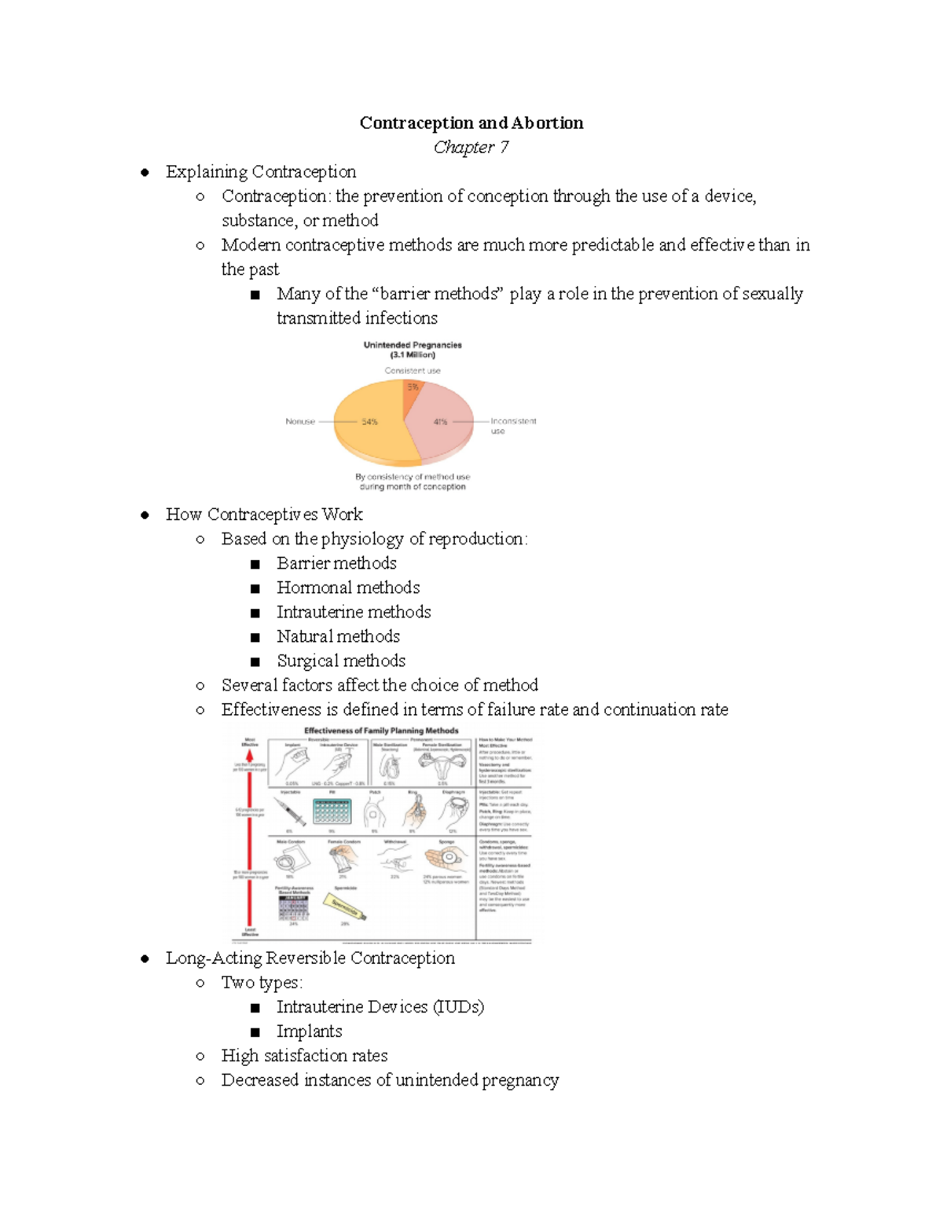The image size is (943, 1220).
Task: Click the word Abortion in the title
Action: coord(547,123)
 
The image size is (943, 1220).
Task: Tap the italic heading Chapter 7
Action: coord(471,147)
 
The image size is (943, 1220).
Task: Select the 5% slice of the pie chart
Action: coord(413,388)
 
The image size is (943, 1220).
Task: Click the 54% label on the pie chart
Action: coord(369,422)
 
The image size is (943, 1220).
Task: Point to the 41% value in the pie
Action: coord(440,422)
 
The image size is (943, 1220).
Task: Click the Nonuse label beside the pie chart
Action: coord(300,422)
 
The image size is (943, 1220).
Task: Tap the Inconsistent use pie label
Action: coord(512,426)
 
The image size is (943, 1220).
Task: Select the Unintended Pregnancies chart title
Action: coord(413,350)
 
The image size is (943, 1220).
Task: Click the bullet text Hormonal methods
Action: coord(348,588)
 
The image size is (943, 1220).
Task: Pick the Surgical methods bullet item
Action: coord(341,661)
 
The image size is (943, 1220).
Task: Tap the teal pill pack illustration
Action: coord(332,811)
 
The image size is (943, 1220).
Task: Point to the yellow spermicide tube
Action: coord(344,907)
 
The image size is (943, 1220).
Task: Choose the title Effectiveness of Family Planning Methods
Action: coord(381,731)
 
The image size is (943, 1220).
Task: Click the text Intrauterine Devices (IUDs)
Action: coord(380,1007)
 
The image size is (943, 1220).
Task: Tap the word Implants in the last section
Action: coord(309,1031)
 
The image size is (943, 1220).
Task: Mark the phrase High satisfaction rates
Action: coord(304,1056)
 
